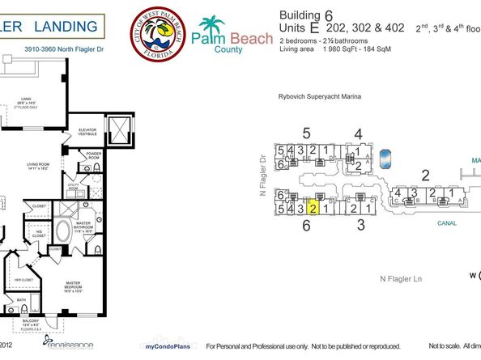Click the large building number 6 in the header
coord(329,14)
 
